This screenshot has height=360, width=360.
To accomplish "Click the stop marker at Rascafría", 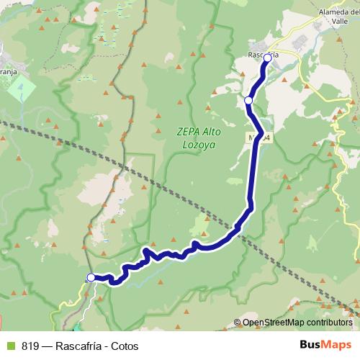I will [267, 58].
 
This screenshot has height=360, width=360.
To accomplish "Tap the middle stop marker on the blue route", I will [248, 100].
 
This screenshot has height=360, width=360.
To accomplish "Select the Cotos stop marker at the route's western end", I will [91, 277].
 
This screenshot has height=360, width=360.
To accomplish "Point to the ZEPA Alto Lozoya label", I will [198, 138].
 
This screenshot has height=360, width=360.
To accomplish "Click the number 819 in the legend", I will [30, 346].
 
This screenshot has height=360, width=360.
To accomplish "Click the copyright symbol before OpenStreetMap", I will [238, 323].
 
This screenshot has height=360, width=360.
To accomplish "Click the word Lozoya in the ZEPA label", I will [198, 144].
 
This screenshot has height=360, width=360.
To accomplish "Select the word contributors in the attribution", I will [331, 323].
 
